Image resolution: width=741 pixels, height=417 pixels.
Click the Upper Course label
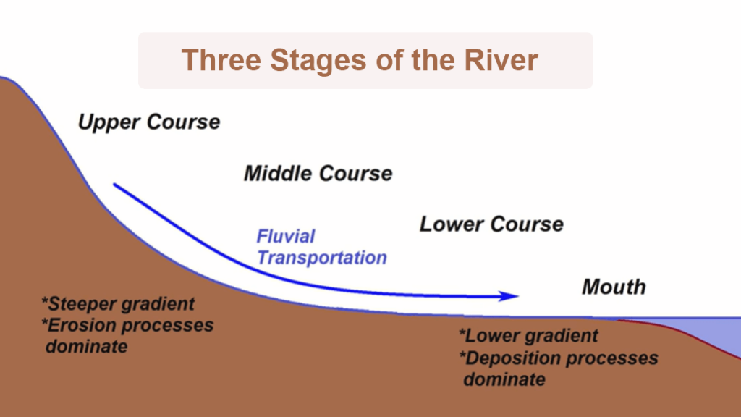[x=148, y=122]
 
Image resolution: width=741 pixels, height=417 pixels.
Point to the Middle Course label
[x=318, y=174]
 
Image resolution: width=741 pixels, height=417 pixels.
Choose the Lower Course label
[x=491, y=224]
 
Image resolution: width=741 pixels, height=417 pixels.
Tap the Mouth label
[x=614, y=287]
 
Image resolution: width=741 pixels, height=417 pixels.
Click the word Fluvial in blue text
[x=286, y=237]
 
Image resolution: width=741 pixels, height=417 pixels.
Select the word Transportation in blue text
[x=322, y=258]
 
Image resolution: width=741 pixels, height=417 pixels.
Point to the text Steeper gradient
[x=119, y=304]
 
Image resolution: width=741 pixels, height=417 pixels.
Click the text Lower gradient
[x=529, y=336]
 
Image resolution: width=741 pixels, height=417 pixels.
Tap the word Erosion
[x=85, y=325]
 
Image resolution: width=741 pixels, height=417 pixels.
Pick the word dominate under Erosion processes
[x=86, y=346]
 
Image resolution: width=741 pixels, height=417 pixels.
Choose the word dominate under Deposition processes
[x=504, y=379]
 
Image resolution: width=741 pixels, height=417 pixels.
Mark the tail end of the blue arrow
[x=116, y=185]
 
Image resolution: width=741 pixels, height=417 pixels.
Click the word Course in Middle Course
[x=355, y=174]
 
